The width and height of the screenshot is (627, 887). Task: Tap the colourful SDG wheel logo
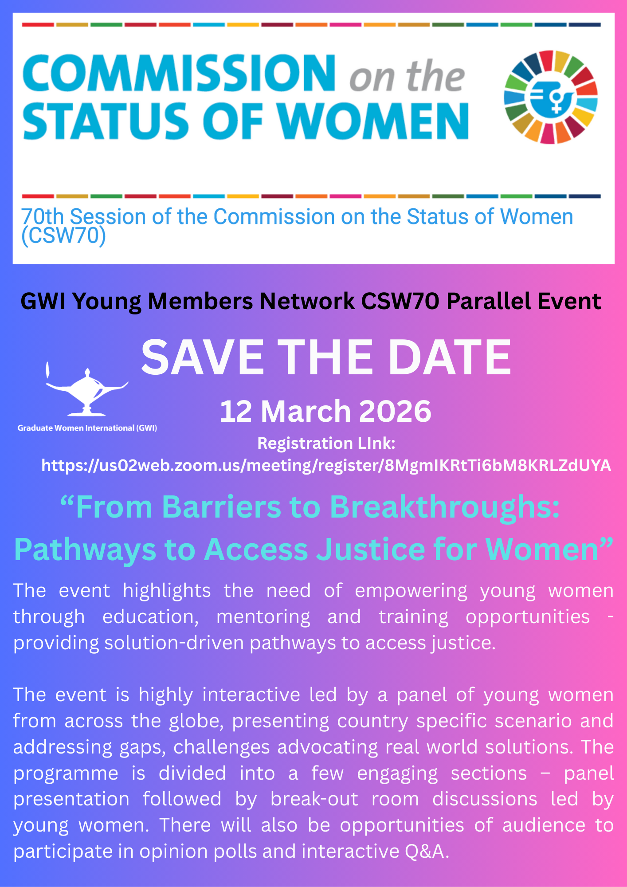(x=551, y=97)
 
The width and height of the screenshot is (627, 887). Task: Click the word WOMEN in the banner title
(x=375, y=121)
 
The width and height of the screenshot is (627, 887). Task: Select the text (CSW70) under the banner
(x=64, y=236)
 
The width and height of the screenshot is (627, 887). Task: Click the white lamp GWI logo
(x=87, y=389)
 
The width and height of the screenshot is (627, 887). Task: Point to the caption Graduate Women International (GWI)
(x=87, y=428)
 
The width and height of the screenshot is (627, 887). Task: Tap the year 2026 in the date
(x=395, y=411)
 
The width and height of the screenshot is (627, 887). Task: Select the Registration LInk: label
(x=326, y=443)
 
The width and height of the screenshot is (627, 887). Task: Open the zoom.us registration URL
(x=326, y=466)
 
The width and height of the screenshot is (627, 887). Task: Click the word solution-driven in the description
(x=174, y=643)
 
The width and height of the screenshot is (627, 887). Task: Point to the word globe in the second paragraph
(x=196, y=721)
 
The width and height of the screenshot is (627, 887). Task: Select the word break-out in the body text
(x=314, y=799)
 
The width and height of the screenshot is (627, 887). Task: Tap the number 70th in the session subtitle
(x=43, y=217)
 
